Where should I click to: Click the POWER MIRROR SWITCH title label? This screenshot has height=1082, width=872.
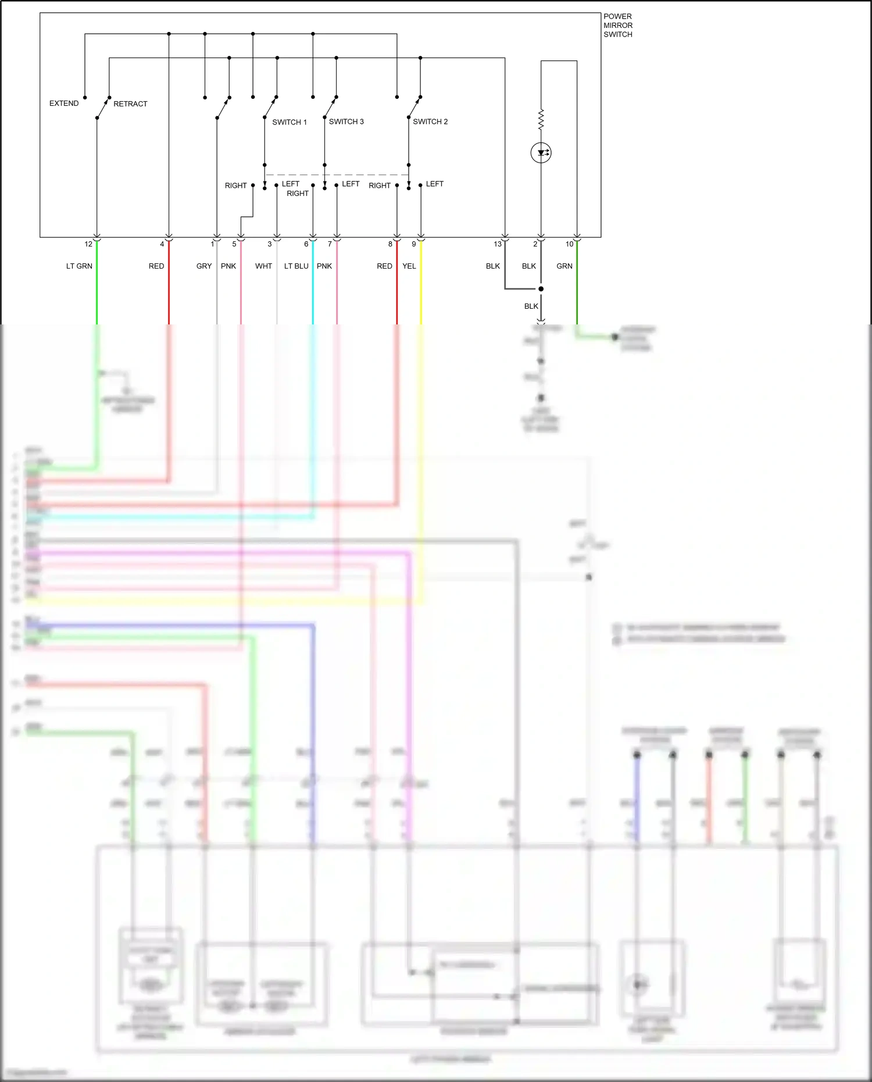[x=617, y=26]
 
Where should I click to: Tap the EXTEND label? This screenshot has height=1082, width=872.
[x=64, y=103]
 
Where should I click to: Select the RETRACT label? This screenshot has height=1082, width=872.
[x=130, y=104]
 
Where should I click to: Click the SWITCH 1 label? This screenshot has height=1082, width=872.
[x=290, y=122]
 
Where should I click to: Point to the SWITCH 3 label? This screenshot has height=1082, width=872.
[x=346, y=122]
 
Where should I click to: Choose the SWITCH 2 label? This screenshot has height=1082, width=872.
[x=430, y=122]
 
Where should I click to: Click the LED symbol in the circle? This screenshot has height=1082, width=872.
[x=541, y=153]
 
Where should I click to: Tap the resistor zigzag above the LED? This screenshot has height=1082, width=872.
[x=541, y=119]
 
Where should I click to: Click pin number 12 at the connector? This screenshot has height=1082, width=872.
[x=88, y=244]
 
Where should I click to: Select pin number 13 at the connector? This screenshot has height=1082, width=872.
[x=498, y=244]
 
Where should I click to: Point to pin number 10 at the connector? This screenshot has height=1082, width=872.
[x=570, y=244]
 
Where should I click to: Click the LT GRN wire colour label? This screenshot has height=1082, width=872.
[x=79, y=266]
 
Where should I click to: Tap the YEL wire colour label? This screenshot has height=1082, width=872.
[x=409, y=266]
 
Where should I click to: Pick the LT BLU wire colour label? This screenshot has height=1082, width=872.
[x=296, y=266]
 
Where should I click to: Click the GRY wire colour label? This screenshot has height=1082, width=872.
[x=204, y=266]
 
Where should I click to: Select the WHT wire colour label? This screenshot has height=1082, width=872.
[x=263, y=266]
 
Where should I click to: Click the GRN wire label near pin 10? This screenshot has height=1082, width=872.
[x=564, y=266]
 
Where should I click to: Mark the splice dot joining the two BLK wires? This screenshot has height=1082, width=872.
[x=541, y=289]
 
